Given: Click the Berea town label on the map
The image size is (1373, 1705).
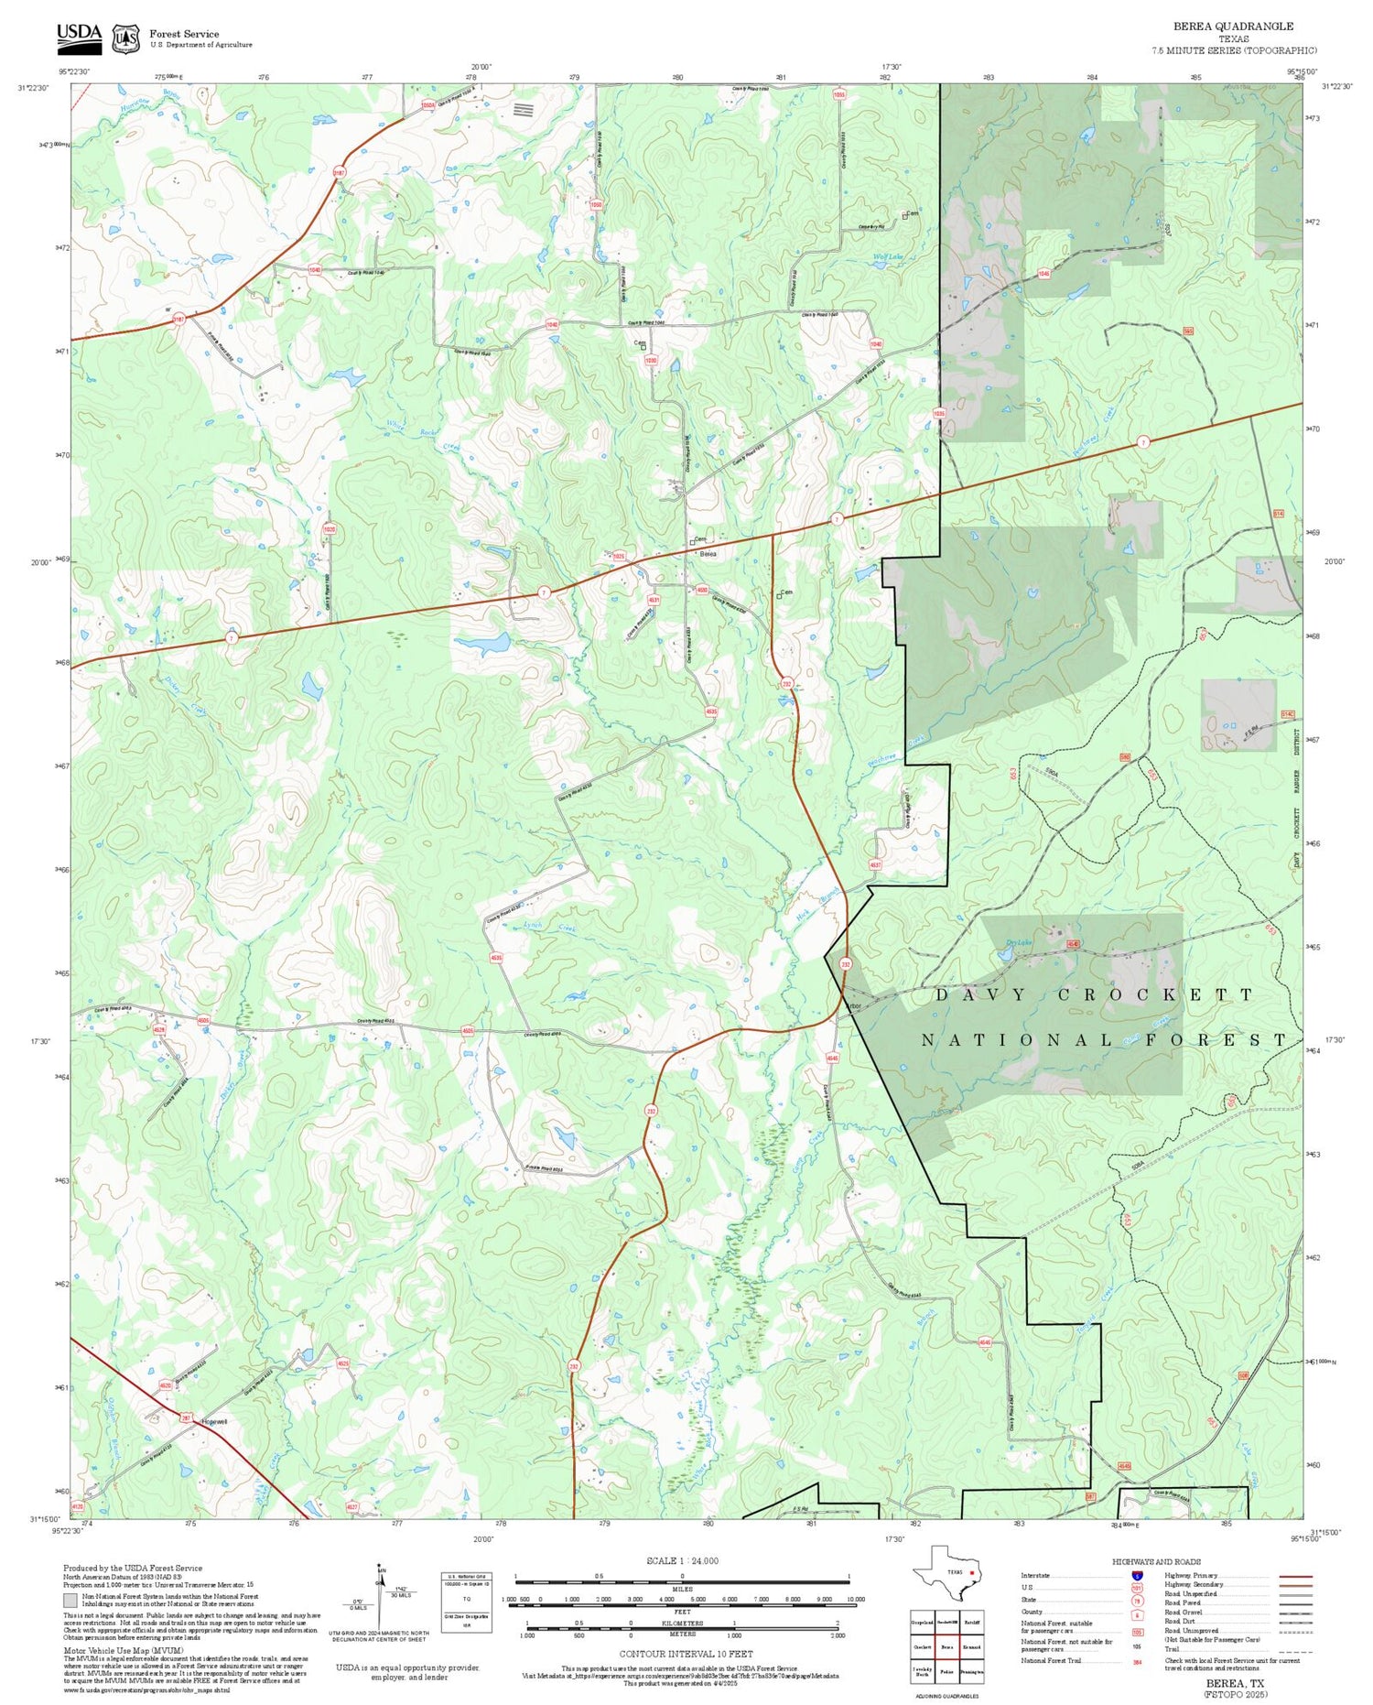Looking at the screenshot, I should coord(708,554).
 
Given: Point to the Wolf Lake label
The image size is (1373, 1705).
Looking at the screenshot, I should coord(887,257).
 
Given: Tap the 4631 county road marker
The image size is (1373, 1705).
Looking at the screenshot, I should coord(654,600).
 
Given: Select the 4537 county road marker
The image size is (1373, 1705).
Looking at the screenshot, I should coord(875,864).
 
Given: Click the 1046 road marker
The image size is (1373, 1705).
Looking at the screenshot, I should coord(1043,274).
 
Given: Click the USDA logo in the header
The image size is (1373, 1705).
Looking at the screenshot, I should coord(80,38).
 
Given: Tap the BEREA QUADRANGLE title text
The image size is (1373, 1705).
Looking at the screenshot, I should coord(1233,27).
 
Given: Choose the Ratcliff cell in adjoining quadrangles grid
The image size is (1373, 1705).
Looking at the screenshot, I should coord(972,1622).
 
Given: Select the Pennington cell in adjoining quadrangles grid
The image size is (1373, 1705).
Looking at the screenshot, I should coord(972,1671).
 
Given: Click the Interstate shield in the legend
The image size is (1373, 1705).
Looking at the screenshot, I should coord(1137,1576).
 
